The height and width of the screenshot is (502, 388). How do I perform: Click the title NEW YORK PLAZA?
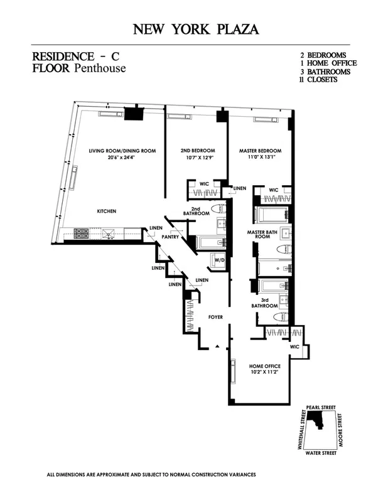[194, 29]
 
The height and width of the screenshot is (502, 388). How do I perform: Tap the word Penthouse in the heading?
[99, 68]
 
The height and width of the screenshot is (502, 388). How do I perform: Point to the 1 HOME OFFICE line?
[328, 63]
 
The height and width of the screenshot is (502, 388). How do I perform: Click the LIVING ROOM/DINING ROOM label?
[122, 151]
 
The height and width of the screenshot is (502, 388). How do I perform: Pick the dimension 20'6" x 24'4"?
[122, 159]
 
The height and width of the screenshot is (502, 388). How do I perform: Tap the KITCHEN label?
[107, 211]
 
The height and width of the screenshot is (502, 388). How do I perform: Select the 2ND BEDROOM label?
[198, 151]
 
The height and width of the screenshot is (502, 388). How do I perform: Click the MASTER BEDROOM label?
[260, 151]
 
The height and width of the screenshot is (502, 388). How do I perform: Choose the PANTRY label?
[171, 238]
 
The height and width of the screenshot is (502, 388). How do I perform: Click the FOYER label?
[216, 318]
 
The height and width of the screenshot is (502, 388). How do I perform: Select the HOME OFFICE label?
[265, 366]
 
